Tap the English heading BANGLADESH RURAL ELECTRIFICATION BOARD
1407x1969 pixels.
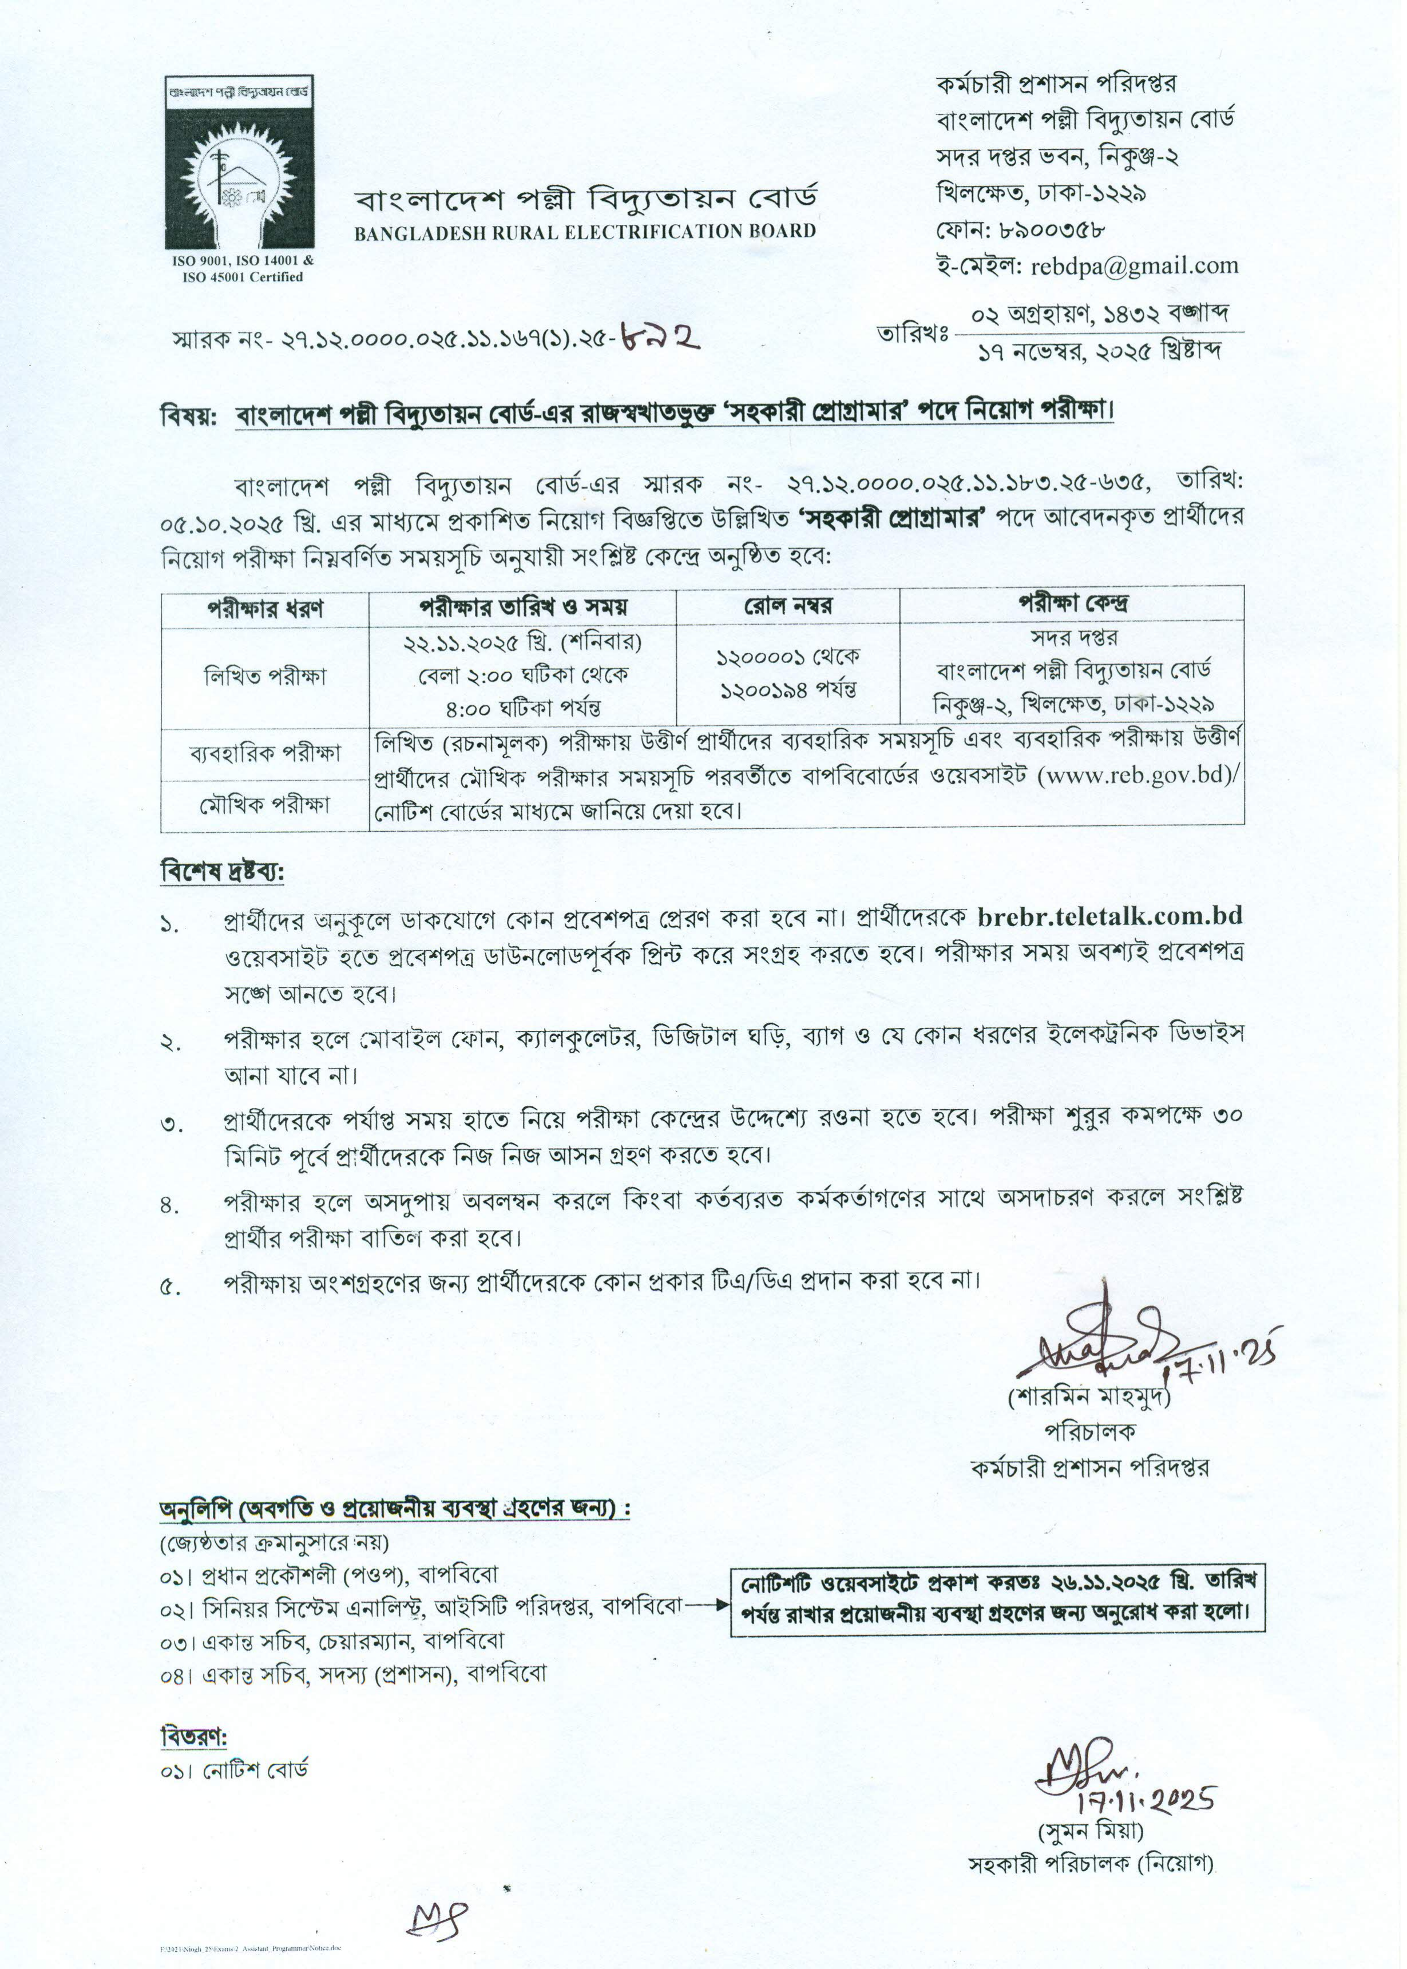[x=585, y=231]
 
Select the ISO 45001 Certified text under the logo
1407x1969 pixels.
[x=243, y=277]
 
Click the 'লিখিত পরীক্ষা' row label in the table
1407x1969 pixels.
[x=265, y=676]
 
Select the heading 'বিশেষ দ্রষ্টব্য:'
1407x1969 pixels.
[x=223, y=871]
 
